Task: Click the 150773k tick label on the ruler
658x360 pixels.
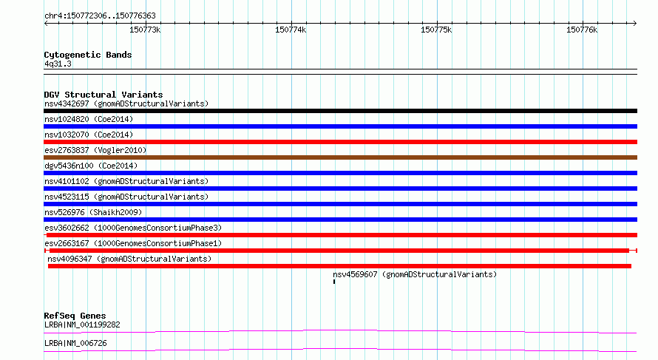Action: [145, 30]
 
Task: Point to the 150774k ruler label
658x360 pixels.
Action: [291, 30]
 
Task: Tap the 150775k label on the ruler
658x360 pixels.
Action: [436, 30]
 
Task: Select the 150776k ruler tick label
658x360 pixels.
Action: [582, 30]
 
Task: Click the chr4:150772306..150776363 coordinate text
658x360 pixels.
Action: [100, 16]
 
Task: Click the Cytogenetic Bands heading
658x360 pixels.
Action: [88, 55]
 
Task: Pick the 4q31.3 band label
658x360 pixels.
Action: [58, 64]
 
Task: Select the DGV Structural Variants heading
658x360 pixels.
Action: [104, 95]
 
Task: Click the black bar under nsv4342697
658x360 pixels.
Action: [340, 111]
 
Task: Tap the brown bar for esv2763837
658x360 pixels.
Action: [340, 157]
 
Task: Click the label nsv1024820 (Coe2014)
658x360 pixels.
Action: [89, 119]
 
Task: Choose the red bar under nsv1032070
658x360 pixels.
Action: [340, 142]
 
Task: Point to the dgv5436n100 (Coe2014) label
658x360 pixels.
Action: [91, 166]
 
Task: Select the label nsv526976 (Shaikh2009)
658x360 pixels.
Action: [93, 212]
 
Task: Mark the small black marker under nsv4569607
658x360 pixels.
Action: [334, 282]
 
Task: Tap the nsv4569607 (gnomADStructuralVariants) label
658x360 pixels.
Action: [415, 274]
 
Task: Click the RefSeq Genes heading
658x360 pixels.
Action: [75, 316]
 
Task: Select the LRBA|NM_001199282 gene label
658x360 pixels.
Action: [82, 325]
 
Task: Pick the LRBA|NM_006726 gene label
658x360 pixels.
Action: [75, 343]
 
